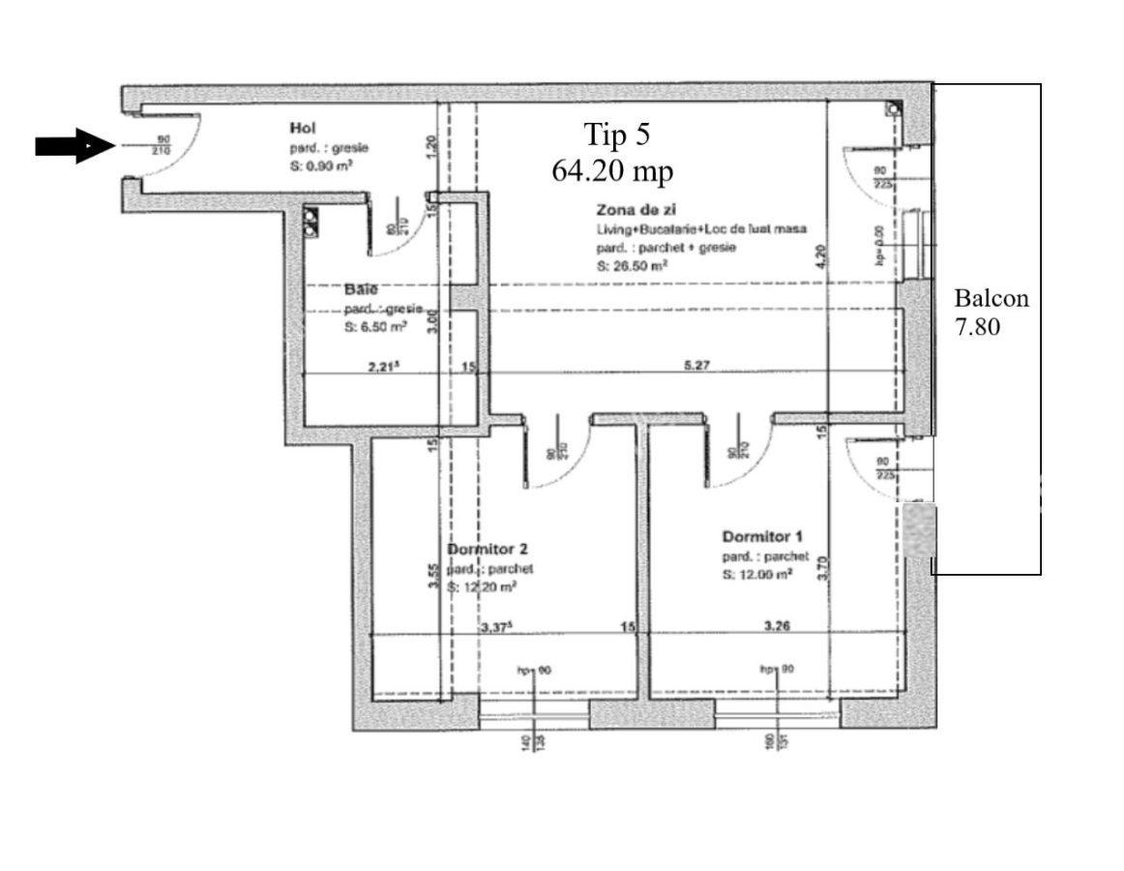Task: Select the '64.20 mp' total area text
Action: click(x=612, y=170)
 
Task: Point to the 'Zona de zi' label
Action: click(x=629, y=210)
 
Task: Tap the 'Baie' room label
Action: click(x=359, y=288)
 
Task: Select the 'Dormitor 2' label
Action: click(x=488, y=549)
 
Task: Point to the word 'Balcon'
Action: click(x=991, y=298)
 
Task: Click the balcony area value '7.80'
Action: click(x=978, y=328)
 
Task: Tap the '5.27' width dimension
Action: click(x=696, y=366)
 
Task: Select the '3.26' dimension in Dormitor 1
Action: click(x=777, y=626)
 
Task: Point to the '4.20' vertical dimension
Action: click(x=820, y=255)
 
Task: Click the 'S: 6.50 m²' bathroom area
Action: click(x=374, y=328)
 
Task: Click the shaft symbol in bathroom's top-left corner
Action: click(x=311, y=221)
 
